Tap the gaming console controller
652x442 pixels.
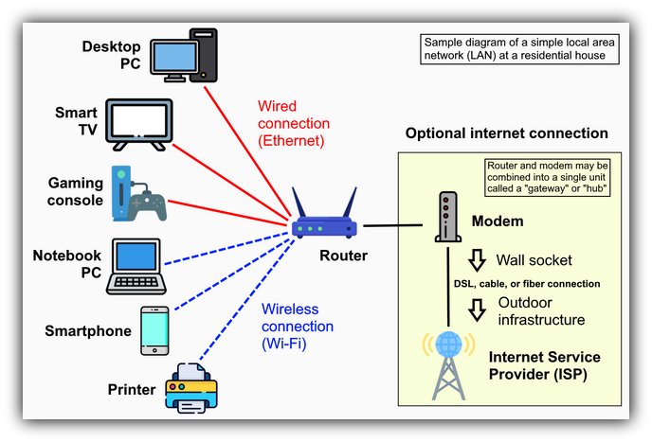coord(150,201)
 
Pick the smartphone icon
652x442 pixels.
coord(154,330)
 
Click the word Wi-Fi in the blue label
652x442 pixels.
coord(284,344)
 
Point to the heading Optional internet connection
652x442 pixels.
coord(506,133)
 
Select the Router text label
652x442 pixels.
coord(343,256)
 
